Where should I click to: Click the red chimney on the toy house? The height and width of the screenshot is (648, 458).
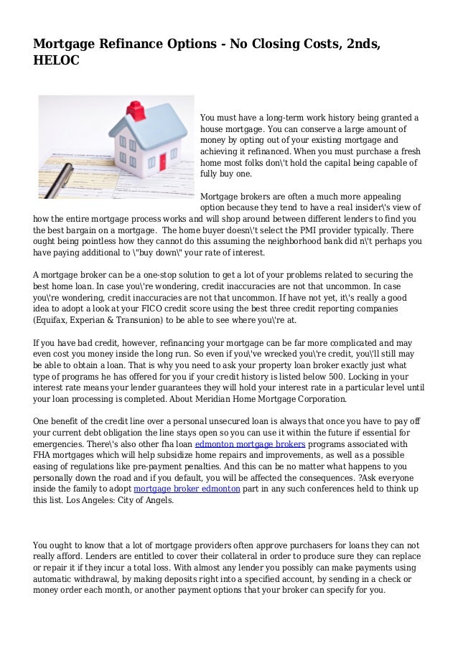click(134, 111)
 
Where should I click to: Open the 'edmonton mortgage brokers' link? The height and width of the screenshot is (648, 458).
click(251, 444)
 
